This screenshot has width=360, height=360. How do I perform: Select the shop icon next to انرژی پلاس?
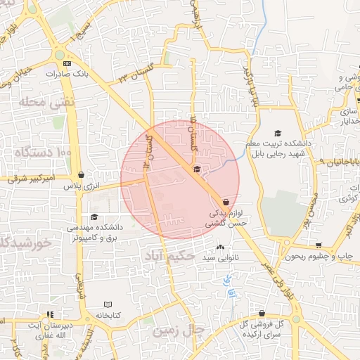tap(82, 175)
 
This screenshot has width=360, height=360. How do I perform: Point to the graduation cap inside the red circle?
tap(196, 169)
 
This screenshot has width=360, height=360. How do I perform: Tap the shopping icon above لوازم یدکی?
tap(224, 201)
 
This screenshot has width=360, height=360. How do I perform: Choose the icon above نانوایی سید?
tap(221, 247)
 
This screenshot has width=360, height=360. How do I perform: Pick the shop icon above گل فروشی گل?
tap(262, 314)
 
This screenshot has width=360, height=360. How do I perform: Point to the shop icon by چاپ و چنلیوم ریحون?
tap(319, 246)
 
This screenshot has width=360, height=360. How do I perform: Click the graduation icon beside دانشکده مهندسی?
tap(94, 217)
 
